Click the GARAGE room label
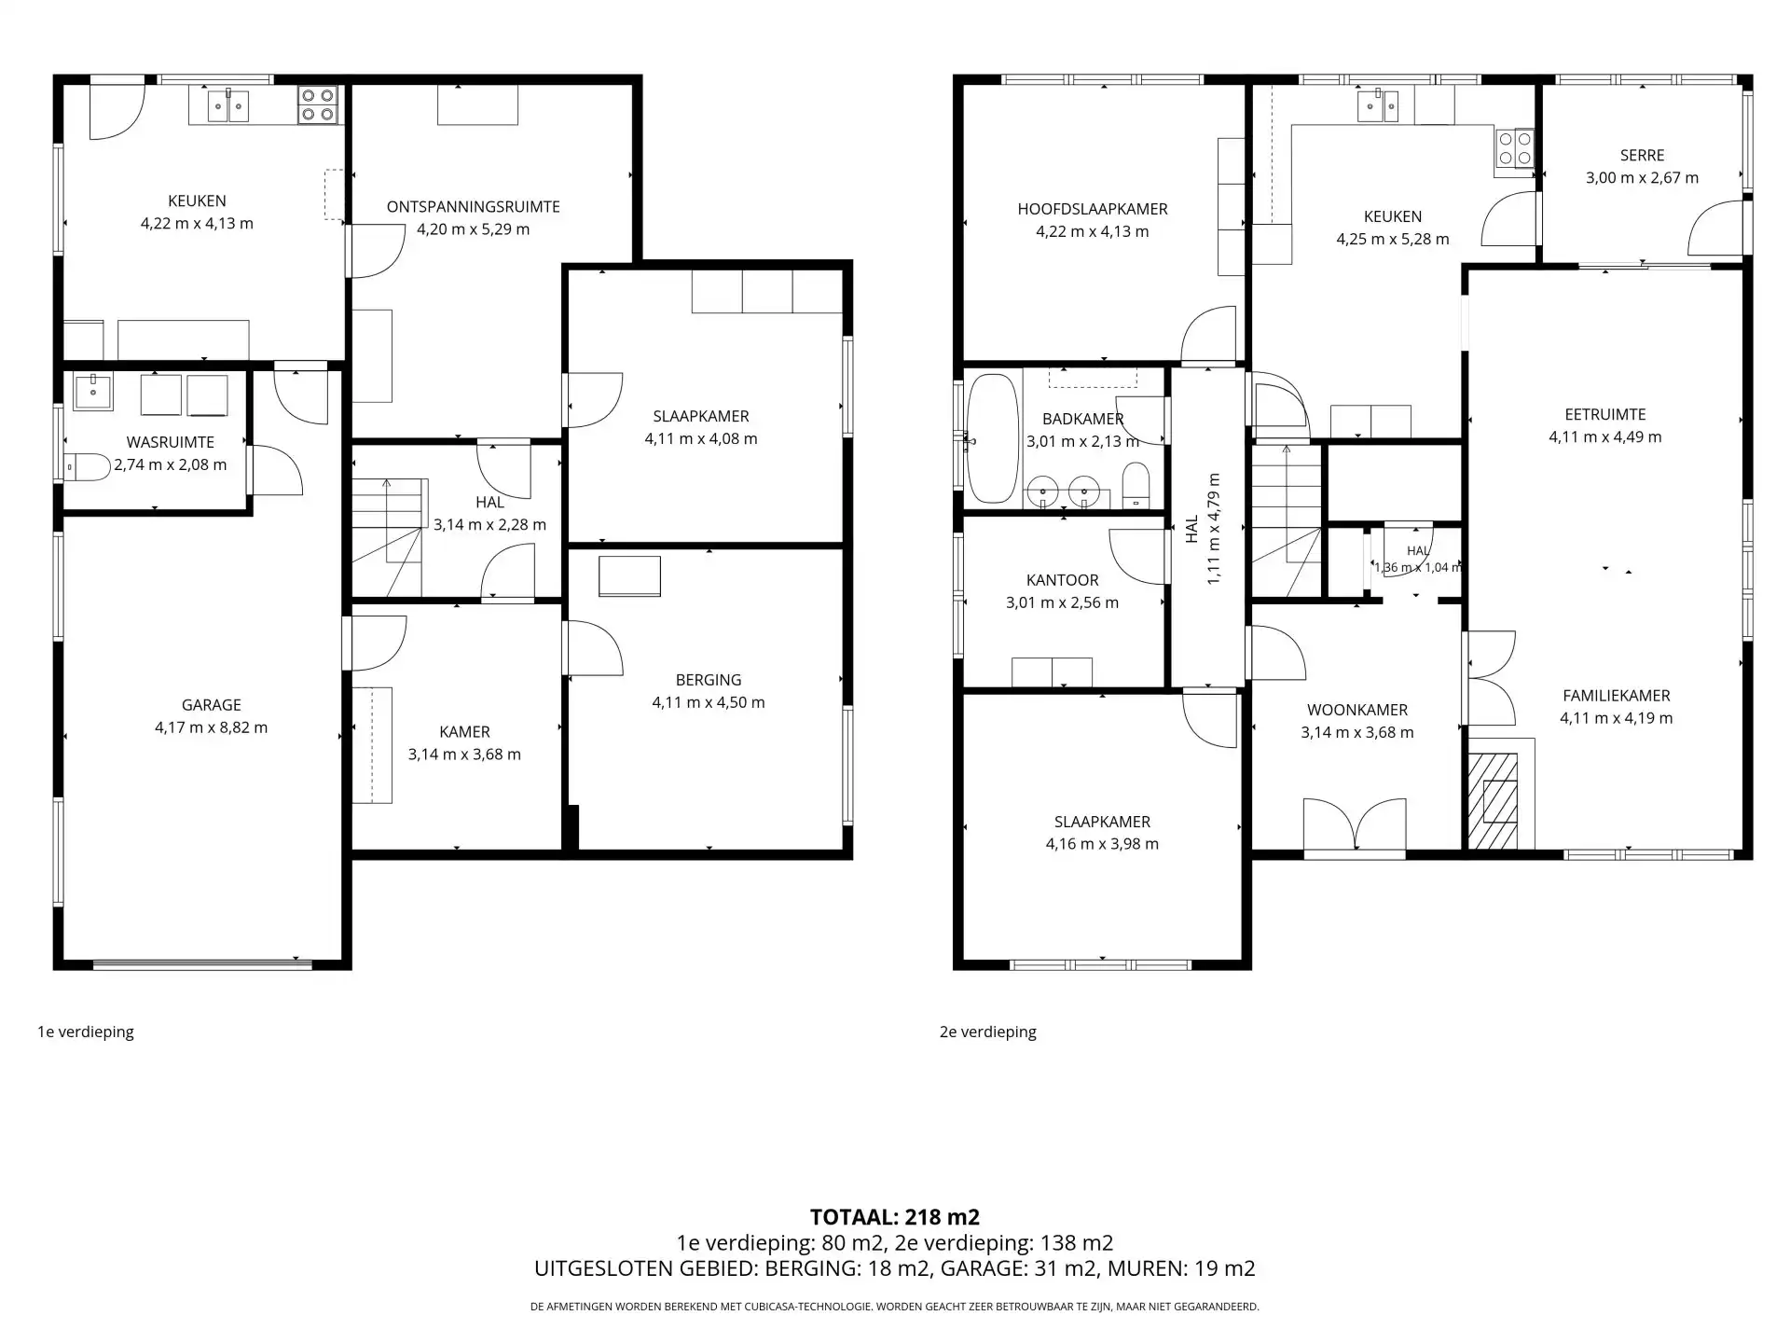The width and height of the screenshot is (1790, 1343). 212,705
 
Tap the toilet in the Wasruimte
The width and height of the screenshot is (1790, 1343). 87,466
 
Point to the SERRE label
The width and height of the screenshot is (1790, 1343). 1642,156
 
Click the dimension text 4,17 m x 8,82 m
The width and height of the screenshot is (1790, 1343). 212,727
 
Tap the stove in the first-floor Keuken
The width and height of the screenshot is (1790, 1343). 318,105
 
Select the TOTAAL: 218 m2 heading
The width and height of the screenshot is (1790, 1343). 895,1217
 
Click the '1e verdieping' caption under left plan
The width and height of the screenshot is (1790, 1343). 86,1031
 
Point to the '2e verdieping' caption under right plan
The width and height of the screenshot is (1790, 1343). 988,1031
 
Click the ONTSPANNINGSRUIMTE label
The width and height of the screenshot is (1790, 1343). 474,207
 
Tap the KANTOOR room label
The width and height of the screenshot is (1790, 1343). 1063,580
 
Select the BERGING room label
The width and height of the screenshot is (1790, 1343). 709,680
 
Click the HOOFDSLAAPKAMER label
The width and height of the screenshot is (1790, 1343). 1093,209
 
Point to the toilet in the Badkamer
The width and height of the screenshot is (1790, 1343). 1136,485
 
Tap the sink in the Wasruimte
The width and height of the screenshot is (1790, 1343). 92,392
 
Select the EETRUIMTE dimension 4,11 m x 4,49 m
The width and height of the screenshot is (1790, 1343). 1605,436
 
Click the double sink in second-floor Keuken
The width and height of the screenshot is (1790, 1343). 1378,105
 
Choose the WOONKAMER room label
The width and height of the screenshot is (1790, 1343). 1357,710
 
